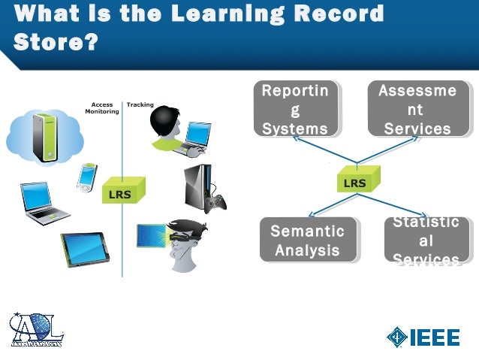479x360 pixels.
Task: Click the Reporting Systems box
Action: click(x=294, y=110)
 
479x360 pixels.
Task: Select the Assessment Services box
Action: click(x=417, y=110)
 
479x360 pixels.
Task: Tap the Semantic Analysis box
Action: click(x=308, y=240)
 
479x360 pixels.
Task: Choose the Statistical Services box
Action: click(x=426, y=241)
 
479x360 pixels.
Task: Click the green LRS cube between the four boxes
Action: click(x=356, y=181)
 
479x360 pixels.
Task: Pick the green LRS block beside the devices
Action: click(x=121, y=192)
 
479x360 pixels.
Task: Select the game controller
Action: click(x=217, y=204)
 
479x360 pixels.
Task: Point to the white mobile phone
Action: click(x=87, y=177)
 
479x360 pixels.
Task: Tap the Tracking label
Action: click(x=140, y=104)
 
